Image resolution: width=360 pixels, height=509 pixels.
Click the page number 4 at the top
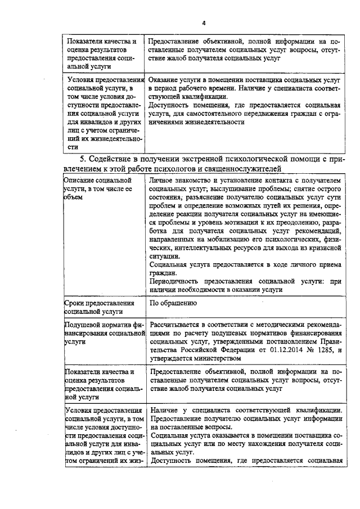click(204, 22)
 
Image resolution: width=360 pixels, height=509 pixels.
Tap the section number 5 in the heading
click(83, 159)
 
